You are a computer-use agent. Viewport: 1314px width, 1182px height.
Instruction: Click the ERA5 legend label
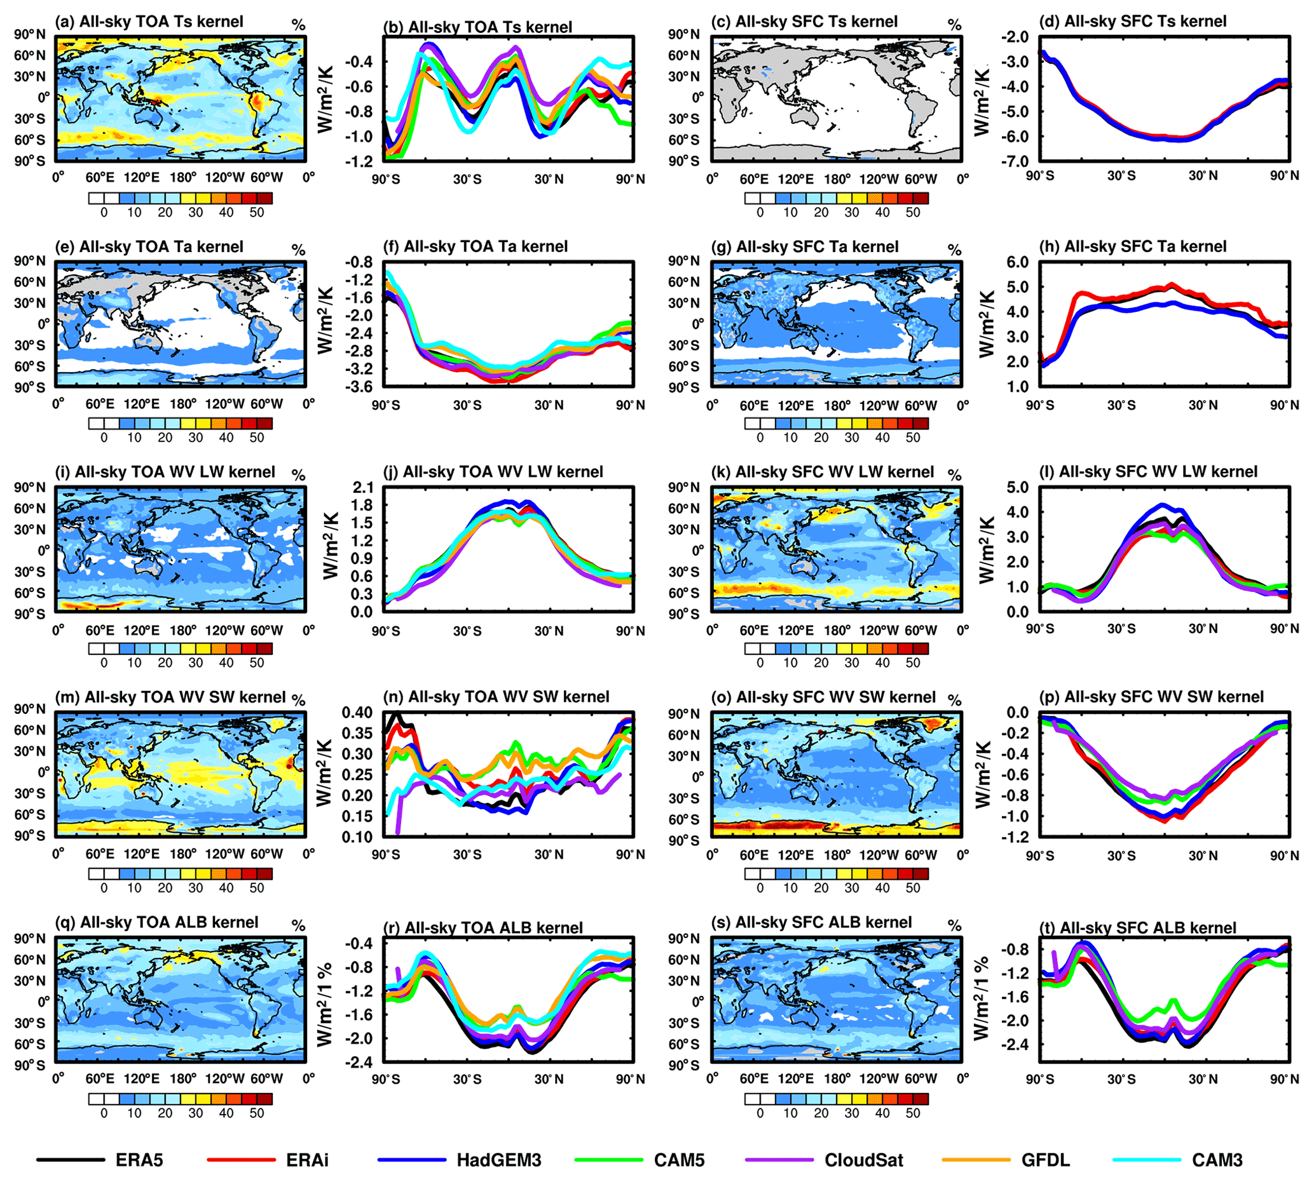click(x=139, y=1160)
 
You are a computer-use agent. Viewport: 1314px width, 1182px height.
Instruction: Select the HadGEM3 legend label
click(x=498, y=1160)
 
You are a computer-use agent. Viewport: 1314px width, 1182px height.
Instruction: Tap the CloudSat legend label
click(x=863, y=1160)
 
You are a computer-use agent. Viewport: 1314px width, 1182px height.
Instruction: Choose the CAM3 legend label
click(x=1217, y=1160)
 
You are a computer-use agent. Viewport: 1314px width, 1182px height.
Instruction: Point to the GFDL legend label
click(x=1045, y=1160)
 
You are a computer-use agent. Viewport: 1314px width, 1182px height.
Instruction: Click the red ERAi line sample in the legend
click(x=240, y=1159)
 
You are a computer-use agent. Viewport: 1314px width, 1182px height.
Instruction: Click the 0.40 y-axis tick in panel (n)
click(x=357, y=713)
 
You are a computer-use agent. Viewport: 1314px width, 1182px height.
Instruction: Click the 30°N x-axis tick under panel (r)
click(x=549, y=1079)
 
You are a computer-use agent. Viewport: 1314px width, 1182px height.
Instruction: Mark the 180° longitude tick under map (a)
click(x=183, y=178)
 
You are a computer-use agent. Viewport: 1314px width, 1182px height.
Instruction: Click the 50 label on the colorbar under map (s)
click(x=912, y=1113)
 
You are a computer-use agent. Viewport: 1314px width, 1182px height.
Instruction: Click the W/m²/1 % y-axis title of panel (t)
click(x=983, y=998)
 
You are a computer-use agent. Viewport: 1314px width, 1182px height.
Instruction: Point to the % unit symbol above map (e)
click(x=298, y=250)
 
